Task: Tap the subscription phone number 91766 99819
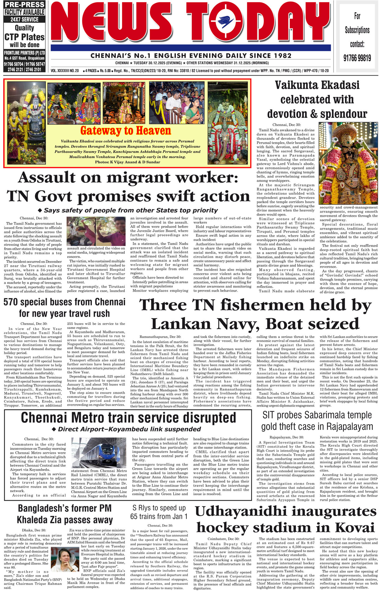[x=357, y=58]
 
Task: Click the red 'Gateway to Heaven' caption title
[x=125, y=131]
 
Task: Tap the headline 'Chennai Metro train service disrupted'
[x=128, y=417]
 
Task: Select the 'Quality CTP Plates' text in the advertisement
[x=24, y=33]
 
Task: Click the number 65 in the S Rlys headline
[x=136, y=517]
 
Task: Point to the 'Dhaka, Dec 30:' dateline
[x=34, y=530]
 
